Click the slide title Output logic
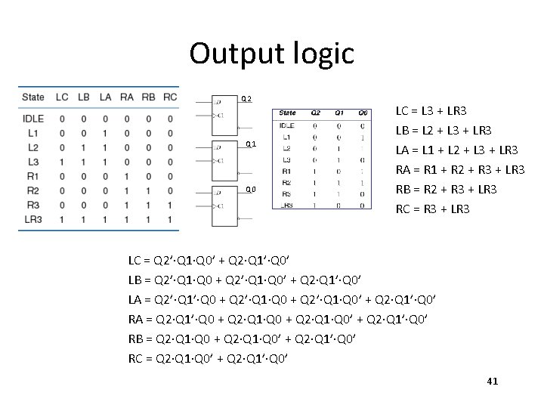pyautogui.click(x=271, y=53)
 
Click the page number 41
pyautogui.click(x=493, y=382)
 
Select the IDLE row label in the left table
pyautogui.click(x=33, y=119)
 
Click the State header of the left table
pyautogui.click(x=33, y=97)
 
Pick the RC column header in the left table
pyautogui.click(x=170, y=97)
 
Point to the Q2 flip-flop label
pyautogui.click(x=246, y=99)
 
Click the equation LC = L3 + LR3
pyautogui.click(x=431, y=112)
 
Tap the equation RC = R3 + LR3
pyautogui.click(x=431, y=208)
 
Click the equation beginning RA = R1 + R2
pyautogui.click(x=459, y=169)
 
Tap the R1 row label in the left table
pyautogui.click(x=32, y=176)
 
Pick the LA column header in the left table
pyautogui.click(x=105, y=97)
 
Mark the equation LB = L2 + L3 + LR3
pyautogui.click(x=443, y=131)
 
